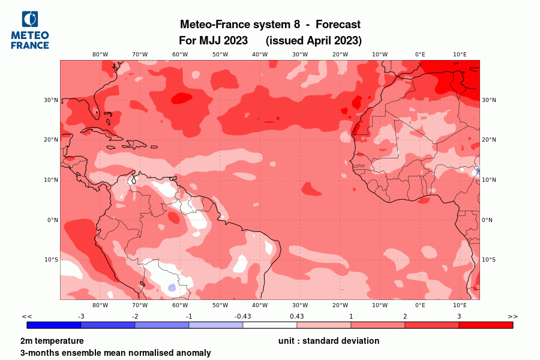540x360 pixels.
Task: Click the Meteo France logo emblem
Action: coord(29,20)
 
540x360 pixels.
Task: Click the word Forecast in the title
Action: coord(338,25)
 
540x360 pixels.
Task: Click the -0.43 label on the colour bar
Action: coord(242,316)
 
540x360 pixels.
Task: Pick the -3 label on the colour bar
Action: coord(80,316)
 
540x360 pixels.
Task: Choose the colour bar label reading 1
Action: coord(351,316)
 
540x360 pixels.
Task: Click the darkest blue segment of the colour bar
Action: coord(54,325)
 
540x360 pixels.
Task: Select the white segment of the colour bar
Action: coord(270,325)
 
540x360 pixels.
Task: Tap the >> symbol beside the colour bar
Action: coord(512,316)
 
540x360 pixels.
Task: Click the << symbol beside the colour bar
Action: coord(27,316)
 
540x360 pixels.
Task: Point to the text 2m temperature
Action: coord(52,341)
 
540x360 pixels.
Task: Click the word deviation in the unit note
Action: coord(358,341)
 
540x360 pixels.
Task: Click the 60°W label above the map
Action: coord(180,54)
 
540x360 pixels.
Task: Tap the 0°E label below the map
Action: coord(420,305)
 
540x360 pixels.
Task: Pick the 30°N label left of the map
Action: coord(52,100)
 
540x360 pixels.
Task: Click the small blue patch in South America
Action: coord(172,287)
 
